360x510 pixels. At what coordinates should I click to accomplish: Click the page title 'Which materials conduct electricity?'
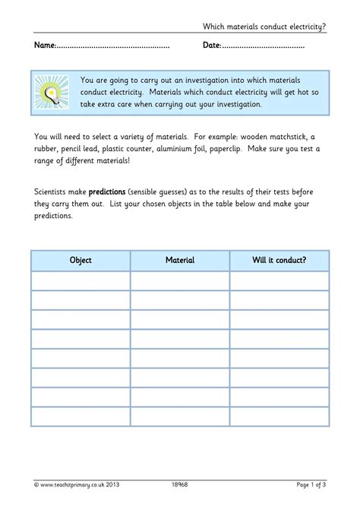[264, 27]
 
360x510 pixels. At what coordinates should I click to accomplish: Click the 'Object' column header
[81, 261]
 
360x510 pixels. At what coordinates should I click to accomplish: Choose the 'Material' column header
[180, 261]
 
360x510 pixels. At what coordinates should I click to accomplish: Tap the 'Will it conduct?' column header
[279, 261]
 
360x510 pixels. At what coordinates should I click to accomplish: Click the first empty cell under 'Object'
[81, 280]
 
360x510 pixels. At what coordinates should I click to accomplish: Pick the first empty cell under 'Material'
[180, 280]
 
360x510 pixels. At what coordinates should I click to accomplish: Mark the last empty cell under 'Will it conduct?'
[279, 417]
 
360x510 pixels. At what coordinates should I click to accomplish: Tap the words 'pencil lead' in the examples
[79, 149]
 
